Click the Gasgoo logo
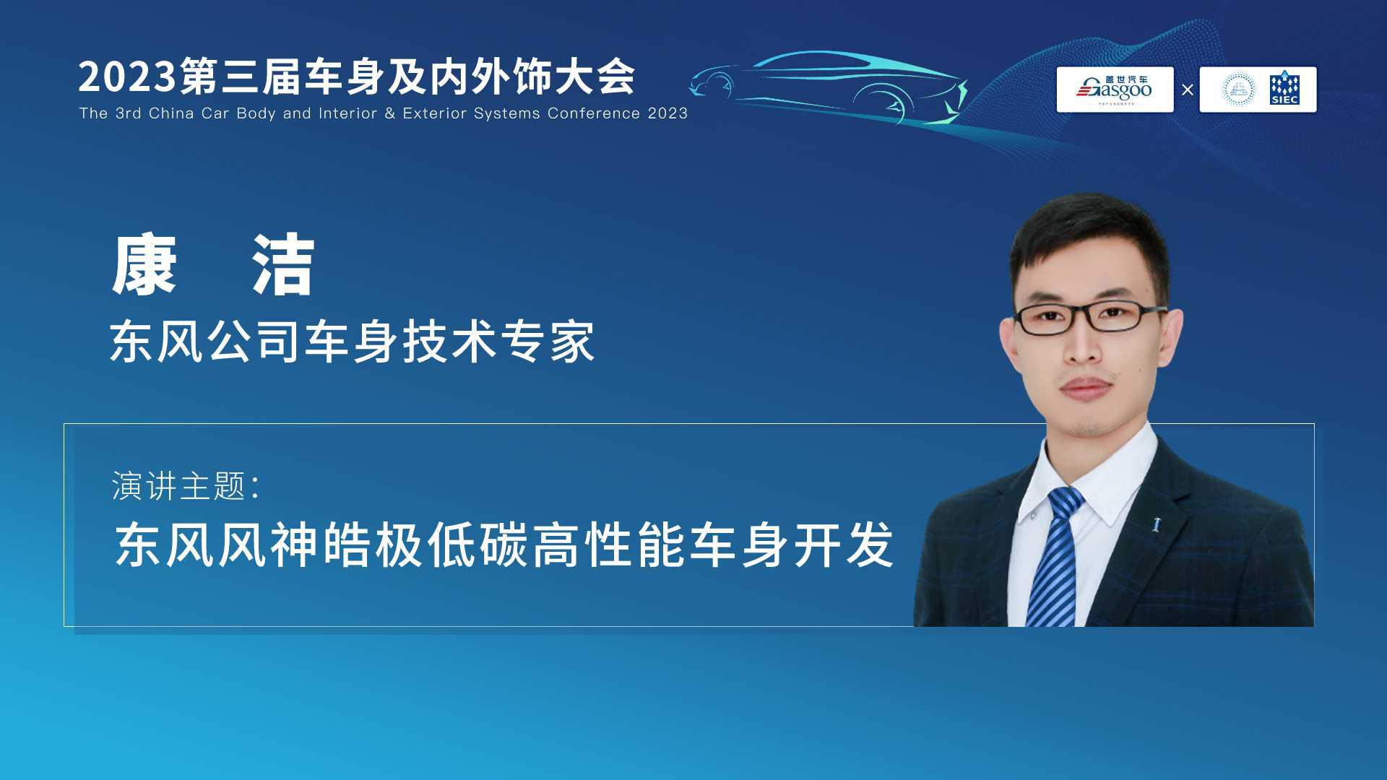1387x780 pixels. click(1115, 90)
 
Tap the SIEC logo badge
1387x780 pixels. click(1284, 89)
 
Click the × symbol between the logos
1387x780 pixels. click(1187, 90)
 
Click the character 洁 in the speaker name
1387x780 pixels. click(282, 264)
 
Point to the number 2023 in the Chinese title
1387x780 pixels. click(127, 77)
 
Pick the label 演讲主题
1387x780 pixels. click(179, 486)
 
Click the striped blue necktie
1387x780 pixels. click(1055, 556)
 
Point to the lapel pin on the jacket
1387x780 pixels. click(1156, 524)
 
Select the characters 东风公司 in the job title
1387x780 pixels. click(207, 342)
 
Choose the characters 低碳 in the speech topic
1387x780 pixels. click(478, 545)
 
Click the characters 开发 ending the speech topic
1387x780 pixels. click(844, 545)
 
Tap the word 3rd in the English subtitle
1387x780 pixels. click(128, 113)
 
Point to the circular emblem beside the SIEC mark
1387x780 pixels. click(1238, 90)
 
